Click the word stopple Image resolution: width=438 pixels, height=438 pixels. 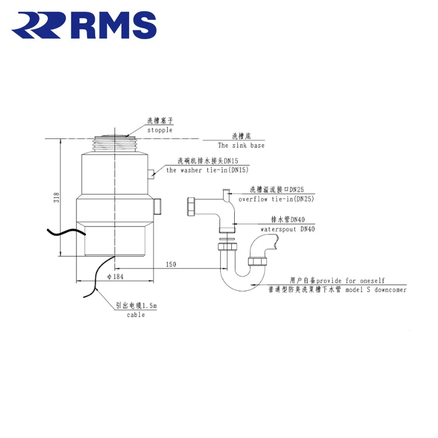tap(159, 130)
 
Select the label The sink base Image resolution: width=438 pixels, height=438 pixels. tap(241, 145)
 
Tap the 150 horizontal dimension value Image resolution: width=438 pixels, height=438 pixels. tap(171, 265)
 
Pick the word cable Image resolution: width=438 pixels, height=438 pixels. tap(135, 315)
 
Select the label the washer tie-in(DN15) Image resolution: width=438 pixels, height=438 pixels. tap(207, 171)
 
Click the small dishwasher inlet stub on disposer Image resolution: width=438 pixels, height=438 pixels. tap(151, 172)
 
